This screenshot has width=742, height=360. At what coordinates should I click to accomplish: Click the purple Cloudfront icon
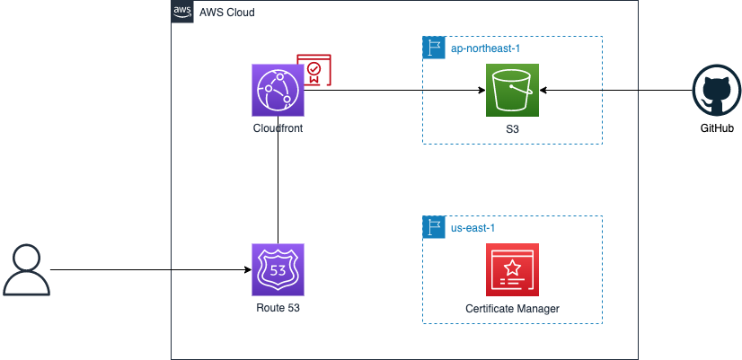click(x=279, y=91)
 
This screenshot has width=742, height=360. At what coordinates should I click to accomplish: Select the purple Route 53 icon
click(x=279, y=269)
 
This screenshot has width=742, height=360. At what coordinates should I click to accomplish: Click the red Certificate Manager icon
click(x=512, y=269)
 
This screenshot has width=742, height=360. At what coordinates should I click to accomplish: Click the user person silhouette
click(x=26, y=271)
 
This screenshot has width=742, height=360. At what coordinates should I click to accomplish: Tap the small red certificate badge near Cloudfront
click(x=314, y=71)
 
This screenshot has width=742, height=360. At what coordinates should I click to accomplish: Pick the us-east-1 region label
click(x=473, y=227)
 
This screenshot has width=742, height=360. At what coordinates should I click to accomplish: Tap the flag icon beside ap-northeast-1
click(x=434, y=48)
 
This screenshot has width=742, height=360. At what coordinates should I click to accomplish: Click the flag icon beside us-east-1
click(x=434, y=227)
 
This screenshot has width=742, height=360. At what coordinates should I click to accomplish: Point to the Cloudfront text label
click(x=278, y=129)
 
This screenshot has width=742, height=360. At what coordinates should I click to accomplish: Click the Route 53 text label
click(x=278, y=309)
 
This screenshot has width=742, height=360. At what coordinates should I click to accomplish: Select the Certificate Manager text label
click(x=512, y=309)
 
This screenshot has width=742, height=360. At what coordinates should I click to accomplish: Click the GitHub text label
click(x=717, y=129)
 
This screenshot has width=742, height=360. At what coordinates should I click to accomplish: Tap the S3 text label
click(x=512, y=129)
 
